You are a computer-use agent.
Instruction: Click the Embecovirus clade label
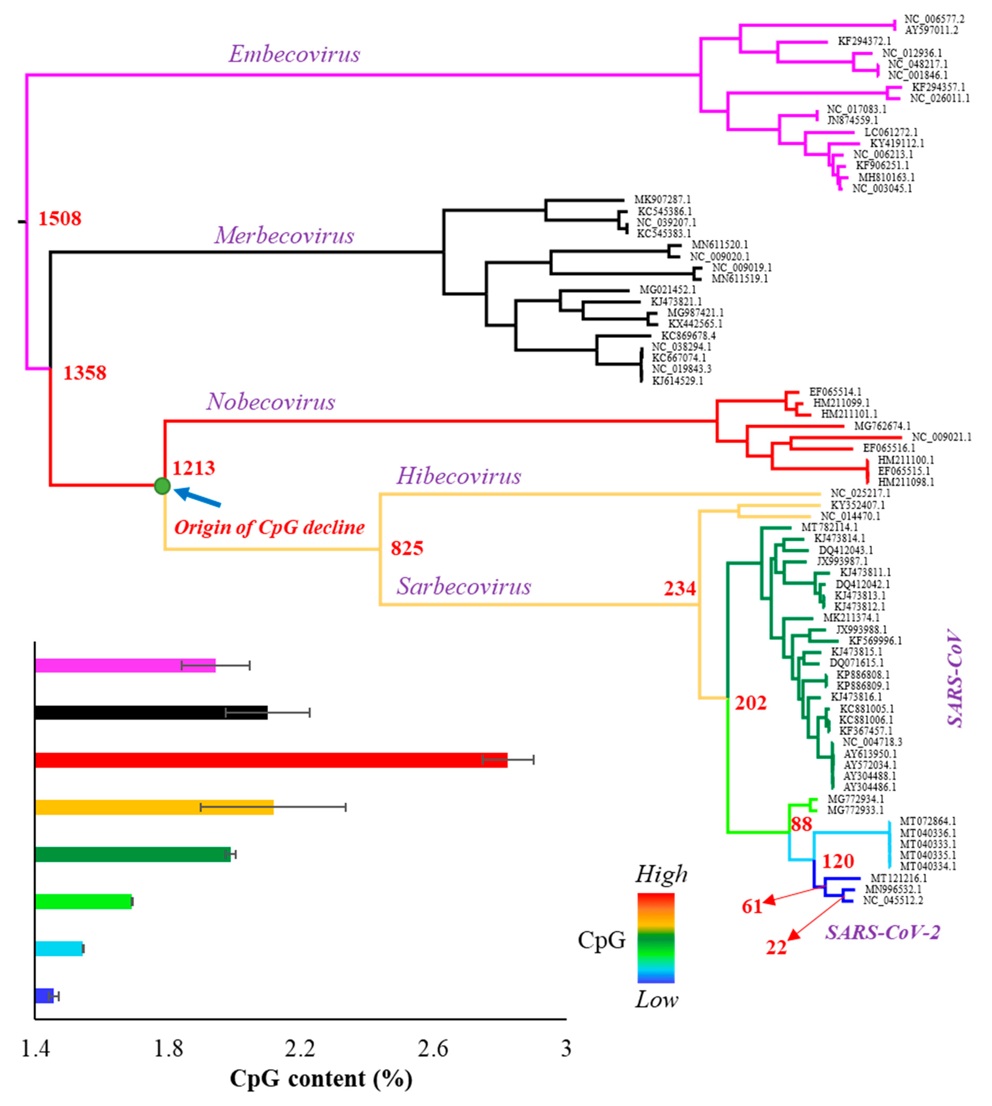pyautogui.click(x=294, y=54)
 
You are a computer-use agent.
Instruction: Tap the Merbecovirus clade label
pyautogui.click(x=284, y=235)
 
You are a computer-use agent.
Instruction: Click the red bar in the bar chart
pyautogui.click(x=271, y=760)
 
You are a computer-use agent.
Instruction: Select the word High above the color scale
pyautogui.click(x=661, y=874)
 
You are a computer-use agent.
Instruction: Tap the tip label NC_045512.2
pyautogui.click(x=893, y=900)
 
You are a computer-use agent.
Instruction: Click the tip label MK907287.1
pyautogui.click(x=662, y=200)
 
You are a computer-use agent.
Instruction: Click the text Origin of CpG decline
pyautogui.click(x=269, y=527)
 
